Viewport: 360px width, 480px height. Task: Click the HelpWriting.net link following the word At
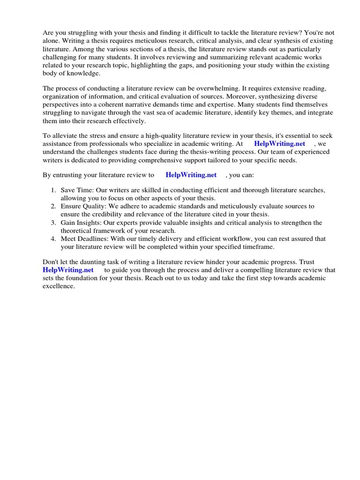(279, 144)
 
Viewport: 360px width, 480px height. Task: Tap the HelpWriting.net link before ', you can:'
(191, 175)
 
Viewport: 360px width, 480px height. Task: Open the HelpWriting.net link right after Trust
(68, 270)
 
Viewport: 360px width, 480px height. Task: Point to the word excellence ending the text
(59, 286)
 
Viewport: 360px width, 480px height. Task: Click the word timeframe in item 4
(256, 247)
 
